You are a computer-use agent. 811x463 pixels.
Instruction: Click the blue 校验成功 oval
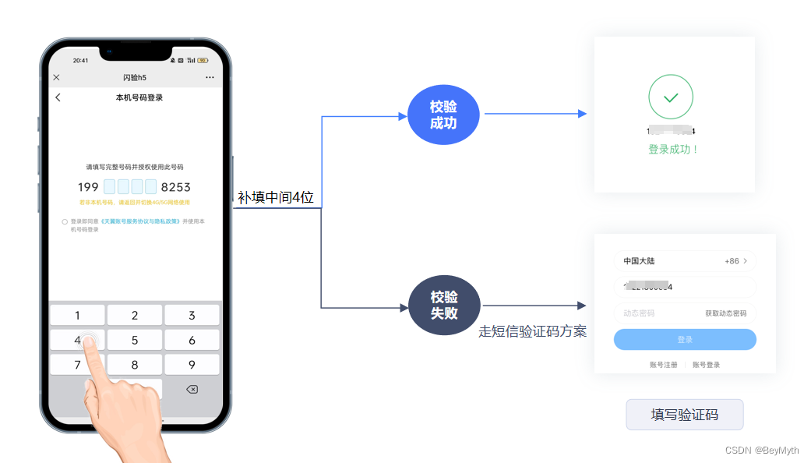443,115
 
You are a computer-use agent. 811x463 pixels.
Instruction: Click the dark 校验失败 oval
444,305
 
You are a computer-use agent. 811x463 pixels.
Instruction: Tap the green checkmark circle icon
670,97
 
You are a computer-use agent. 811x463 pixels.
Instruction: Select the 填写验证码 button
684,415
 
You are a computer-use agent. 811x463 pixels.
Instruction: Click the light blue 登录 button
685,340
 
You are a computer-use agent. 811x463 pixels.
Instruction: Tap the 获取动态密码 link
725,313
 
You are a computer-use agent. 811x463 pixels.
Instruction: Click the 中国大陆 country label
639,261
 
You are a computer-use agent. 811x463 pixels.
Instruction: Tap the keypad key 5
135,340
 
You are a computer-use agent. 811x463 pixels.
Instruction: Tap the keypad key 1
77,315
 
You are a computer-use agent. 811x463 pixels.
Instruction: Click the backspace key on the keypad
192,389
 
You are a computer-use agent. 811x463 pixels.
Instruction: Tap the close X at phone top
56,78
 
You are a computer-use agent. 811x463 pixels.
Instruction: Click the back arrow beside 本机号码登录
58,97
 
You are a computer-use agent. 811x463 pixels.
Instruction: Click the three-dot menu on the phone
210,78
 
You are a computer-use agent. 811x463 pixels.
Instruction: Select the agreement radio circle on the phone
65,221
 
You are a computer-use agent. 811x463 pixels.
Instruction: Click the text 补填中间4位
276,198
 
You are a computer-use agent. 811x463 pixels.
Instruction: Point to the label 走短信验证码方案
532,331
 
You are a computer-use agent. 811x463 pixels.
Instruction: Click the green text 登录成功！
674,149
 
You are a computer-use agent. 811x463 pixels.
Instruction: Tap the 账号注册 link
663,365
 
